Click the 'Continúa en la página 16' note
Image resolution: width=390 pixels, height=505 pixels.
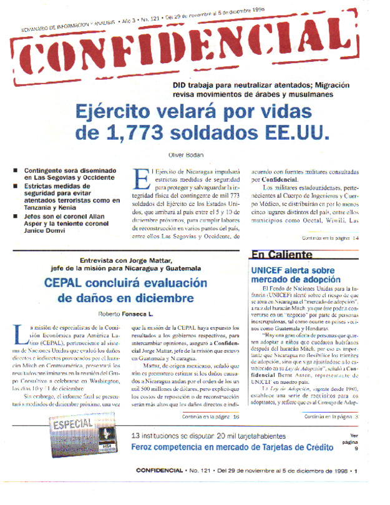pyautogui.click(x=210, y=417)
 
